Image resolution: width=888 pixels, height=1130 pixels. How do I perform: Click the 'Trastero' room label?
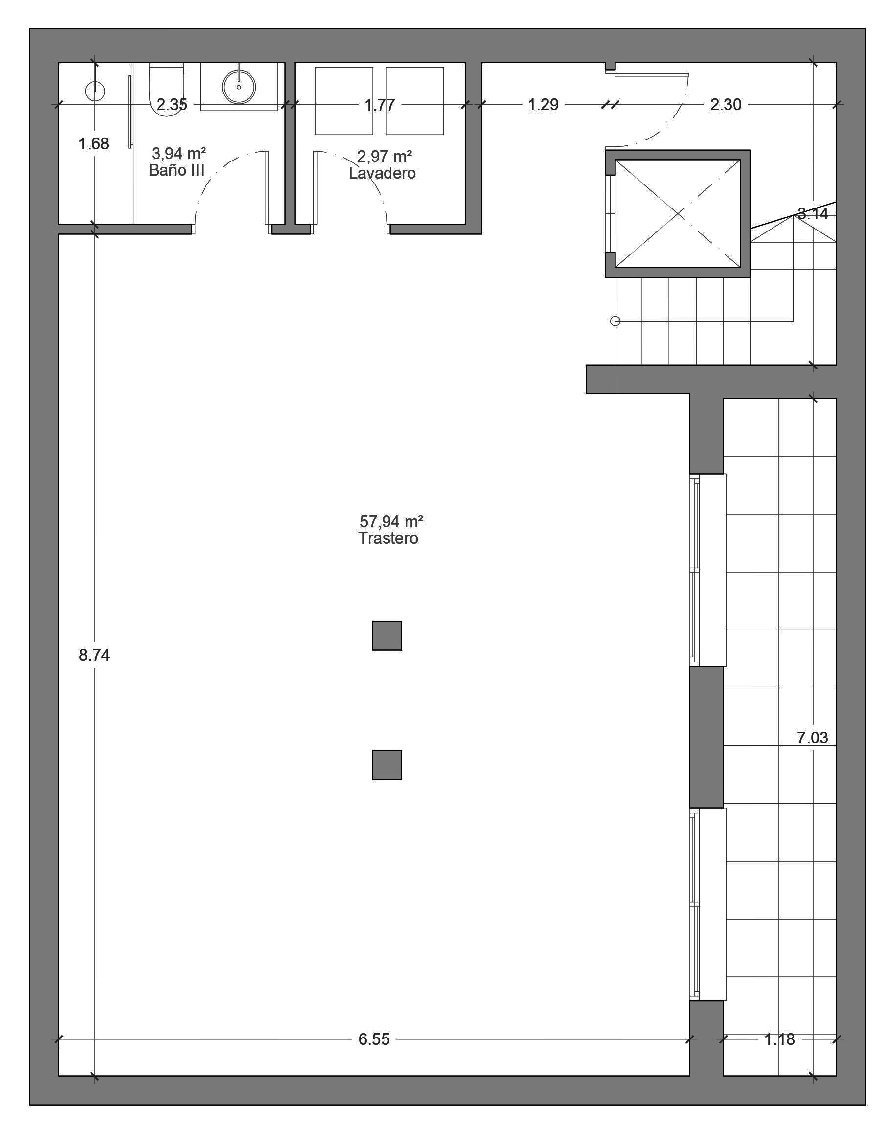click(388, 538)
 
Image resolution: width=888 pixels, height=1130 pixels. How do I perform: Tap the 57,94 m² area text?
click(391, 521)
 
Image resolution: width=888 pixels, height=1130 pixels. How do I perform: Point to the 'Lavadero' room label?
click(382, 173)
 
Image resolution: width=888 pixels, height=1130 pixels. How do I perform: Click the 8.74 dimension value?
click(94, 655)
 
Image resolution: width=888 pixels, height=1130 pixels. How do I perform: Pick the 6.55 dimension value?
click(374, 1039)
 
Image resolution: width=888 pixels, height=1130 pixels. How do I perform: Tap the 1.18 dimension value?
click(779, 1039)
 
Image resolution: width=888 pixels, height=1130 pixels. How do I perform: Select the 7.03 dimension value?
click(812, 738)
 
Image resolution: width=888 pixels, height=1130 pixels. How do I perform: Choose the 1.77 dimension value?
click(380, 105)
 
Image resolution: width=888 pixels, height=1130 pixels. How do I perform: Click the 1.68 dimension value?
click(93, 143)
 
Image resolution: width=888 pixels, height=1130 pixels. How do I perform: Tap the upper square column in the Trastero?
click(387, 635)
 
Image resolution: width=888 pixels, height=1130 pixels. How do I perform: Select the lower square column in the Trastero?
click(387, 765)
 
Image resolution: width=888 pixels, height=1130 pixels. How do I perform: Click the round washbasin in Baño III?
click(239, 87)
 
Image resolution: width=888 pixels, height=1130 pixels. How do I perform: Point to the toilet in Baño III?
click(166, 89)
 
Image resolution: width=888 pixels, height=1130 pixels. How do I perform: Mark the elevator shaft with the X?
click(678, 214)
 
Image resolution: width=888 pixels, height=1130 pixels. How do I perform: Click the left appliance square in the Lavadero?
click(343, 100)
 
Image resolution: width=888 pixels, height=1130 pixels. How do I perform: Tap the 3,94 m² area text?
click(179, 153)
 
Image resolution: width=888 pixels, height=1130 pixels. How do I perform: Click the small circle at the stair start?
click(615, 322)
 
